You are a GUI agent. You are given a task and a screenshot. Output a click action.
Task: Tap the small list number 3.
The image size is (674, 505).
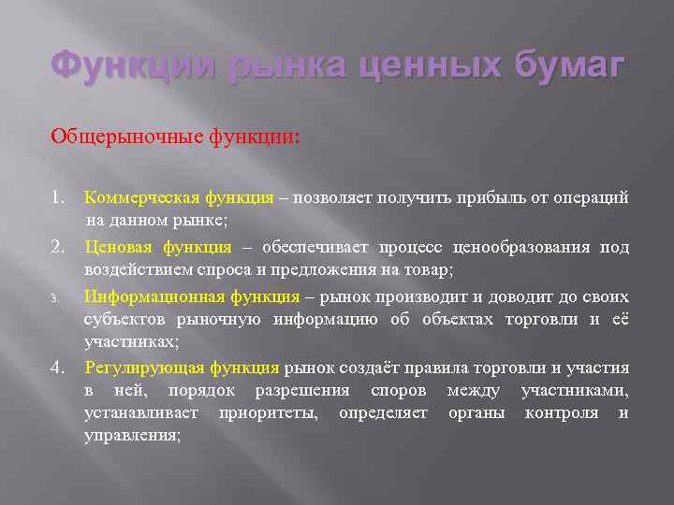(x=55, y=297)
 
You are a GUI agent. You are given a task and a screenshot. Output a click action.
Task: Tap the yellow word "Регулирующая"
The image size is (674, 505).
(x=136, y=368)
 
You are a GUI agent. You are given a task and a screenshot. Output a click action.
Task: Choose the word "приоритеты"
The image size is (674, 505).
(x=271, y=412)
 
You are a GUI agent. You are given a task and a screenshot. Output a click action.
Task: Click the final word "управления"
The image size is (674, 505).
(x=132, y=436)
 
